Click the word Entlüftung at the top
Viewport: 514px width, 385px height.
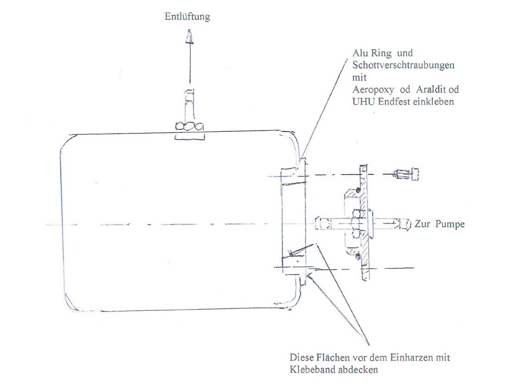coord(187,16)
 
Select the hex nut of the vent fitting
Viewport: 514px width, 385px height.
coord(189,126)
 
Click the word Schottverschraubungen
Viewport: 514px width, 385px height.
coord(403,65)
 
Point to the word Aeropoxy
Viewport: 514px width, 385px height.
coord(373,89)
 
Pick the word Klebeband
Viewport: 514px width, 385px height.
coord(312,370)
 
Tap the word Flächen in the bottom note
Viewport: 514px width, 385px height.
coord(333,357)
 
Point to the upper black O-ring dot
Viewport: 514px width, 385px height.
coord(358,190)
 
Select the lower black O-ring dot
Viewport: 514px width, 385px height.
coord(358,255)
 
